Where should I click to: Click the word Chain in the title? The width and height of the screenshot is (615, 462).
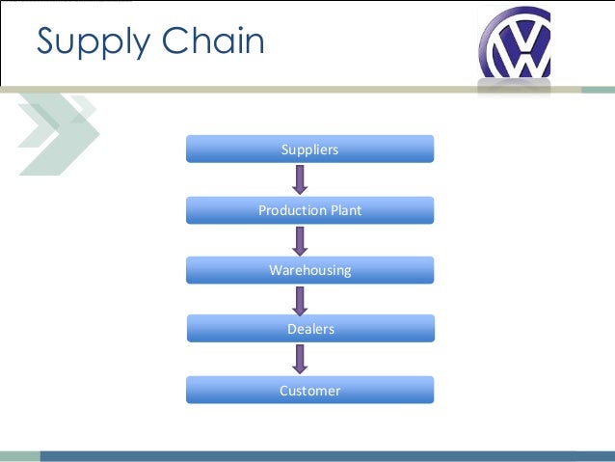pyautogui.click(x=212, y=41)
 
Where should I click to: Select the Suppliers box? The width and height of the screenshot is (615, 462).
pyautogui.click(x=309, y=149)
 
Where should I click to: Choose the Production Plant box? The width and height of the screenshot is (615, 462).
pyautogui.click(x=309, y=210)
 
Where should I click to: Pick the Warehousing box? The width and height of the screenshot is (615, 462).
pyautogui.click(x=309, y=270)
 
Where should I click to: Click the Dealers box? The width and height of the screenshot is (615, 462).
pyautogui.click(x=309, y=329)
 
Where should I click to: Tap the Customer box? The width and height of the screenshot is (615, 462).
pyautogui.click(x=309, y=391)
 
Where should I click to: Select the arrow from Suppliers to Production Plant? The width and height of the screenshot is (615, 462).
pyautogui.click(x=300, y=179)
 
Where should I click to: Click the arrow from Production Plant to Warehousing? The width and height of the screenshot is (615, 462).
pyautogui.click(x=300, y=240)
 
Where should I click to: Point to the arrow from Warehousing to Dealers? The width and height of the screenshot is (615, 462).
pyautogui.click(x=300, y=299)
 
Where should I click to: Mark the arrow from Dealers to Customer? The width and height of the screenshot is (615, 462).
pyautogui.click(x=300, y=360)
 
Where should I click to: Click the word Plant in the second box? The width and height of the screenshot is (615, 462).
pyautogui.click(x=345, y=210)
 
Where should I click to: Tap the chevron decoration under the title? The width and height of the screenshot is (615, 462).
pyautogui.click(x=58, y=130)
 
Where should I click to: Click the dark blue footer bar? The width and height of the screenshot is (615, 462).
pyautogui.click(x=328, y=455)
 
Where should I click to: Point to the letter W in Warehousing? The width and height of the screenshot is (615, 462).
pyautogui.click(x=275, y=270)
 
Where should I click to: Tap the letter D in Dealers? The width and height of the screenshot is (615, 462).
pyautogui.click(x=291, y=329)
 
